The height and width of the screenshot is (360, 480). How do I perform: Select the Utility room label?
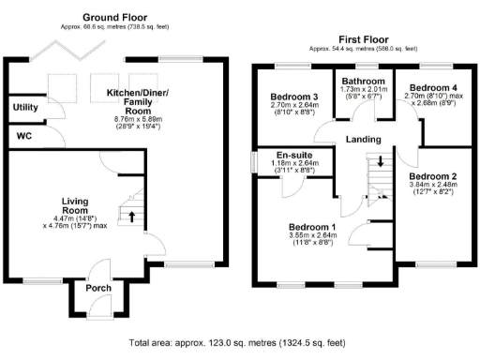25,108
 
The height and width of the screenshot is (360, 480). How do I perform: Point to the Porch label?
97,288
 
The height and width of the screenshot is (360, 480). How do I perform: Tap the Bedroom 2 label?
434,176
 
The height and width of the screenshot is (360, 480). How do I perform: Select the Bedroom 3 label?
294,97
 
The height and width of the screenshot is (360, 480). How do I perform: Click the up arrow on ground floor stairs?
131,217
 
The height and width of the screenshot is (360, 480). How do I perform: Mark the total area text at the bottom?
239,344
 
